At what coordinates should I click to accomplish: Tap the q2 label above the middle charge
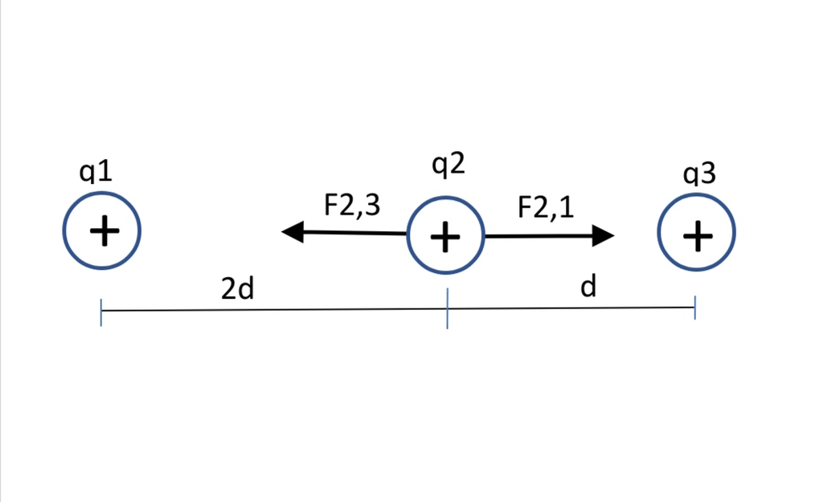tap(448, 165)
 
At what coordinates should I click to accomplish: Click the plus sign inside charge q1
tap(104, 231)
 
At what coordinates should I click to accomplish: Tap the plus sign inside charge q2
tap(445, 236)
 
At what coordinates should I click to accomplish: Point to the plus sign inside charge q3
tap(697, 235)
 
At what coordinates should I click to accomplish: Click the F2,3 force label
tap(351, 206)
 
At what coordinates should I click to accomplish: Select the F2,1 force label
tap(546, 207)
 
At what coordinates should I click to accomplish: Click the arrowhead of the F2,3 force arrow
tap(292, 232)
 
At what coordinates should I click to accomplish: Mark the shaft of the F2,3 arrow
tap(354, 233)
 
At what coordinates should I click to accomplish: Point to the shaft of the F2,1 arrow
tap(538, 236)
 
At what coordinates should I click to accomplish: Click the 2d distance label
tap(237, 289)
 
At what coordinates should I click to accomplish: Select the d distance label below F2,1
tap(588, 287)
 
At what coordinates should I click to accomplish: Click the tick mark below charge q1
tap(101, 312)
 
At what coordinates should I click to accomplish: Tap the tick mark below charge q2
tap(447, 310)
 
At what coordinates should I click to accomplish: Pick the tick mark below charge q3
tap(694, 308)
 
